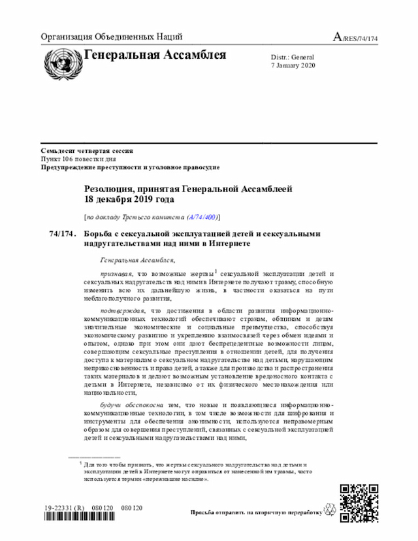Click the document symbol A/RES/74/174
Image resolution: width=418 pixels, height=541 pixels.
pyautogui.click(x=355, y=37)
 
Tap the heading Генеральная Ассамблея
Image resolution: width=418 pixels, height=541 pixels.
pyautogui.click(x=155, y=55)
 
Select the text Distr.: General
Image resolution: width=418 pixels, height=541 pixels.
pyautogui.click(x=293, y=57)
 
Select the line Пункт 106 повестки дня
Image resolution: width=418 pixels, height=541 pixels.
pyautogui.click(x=78, y=159)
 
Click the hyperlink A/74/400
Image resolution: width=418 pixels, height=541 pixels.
pyautogui.click(x=202, y=216)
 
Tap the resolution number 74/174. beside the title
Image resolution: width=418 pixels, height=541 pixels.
pyautogui.click(x=63, y=233)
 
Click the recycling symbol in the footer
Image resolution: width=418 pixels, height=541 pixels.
pyautogui.click(x=329, y=512)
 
